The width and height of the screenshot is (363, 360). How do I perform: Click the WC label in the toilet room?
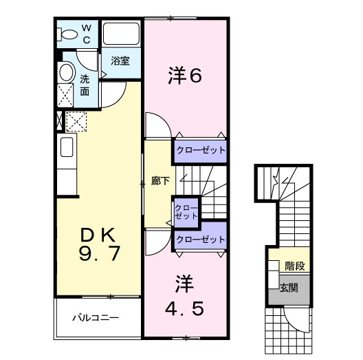point(87,33)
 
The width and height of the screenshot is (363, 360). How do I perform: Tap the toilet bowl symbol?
point(69,34)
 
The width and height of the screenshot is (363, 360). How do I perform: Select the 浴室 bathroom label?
point(121,61)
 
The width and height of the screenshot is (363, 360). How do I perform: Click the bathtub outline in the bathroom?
point(121,35)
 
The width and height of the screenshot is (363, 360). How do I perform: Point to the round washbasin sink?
point(66,72)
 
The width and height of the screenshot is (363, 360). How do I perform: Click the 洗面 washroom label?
point(85,85)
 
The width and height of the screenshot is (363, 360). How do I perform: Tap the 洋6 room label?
point(185,76)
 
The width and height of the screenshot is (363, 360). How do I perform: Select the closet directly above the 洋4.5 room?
point(199,240)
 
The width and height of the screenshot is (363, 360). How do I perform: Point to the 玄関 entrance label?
point(289,287)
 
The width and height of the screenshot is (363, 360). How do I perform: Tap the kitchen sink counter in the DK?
point(67,162)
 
